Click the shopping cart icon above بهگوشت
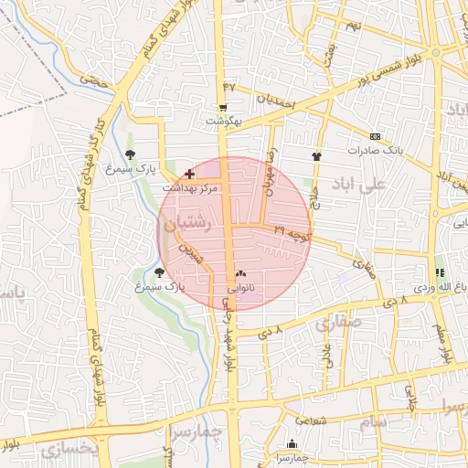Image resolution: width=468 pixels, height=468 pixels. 224,107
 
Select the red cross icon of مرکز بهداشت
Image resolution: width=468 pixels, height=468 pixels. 189,173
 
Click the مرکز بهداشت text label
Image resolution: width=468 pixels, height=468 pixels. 191,187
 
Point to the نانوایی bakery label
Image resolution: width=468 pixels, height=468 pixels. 240,287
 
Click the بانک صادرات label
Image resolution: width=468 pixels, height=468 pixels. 374,149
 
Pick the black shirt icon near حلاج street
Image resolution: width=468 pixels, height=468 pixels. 316,156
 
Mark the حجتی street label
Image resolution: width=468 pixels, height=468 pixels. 94,80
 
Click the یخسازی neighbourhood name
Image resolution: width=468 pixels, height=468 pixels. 69,449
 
